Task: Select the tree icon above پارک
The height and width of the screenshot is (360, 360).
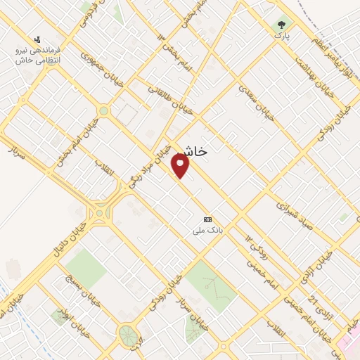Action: click(282, 24)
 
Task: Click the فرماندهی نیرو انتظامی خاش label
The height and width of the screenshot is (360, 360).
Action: click(39, 56)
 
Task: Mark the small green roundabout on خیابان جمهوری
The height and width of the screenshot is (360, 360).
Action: click(104, 110)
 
